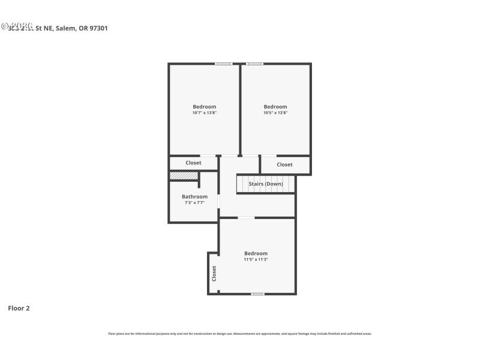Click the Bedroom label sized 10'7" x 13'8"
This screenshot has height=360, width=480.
204,107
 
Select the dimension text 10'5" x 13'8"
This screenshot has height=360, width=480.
275,113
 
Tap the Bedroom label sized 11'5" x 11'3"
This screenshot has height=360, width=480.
256,253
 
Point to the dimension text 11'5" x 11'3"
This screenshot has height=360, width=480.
256,260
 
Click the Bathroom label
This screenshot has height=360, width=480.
194,197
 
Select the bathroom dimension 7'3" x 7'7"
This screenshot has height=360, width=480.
194,203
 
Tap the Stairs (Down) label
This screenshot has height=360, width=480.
266,184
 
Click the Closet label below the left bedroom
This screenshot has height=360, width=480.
193,163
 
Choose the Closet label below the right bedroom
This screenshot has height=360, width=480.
284,164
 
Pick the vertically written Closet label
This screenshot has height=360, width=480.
214,274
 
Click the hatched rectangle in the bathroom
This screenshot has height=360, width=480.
184,176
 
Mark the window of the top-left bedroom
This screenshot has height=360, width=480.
224,64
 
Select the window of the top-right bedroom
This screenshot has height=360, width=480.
254,64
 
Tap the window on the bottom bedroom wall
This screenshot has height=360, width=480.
257,294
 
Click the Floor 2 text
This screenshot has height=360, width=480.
19,308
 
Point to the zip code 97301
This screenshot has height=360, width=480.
98,28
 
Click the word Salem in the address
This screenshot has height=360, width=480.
66,28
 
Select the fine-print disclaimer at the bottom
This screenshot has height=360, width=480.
239,334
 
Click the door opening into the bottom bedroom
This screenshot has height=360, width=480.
246,218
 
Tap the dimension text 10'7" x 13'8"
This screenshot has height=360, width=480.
204,113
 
